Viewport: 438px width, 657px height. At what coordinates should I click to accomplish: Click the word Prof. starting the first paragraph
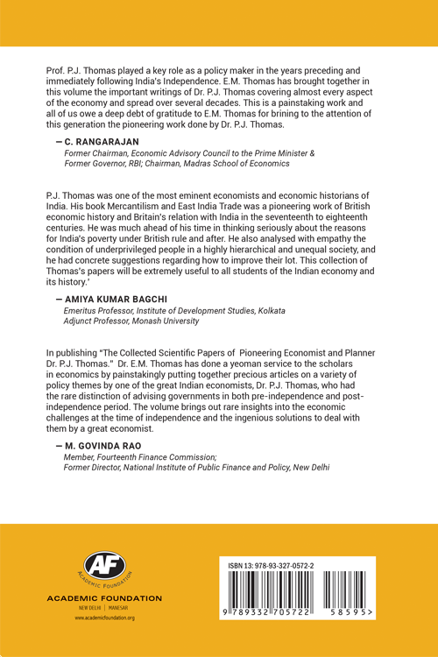[x=55, y=68]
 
